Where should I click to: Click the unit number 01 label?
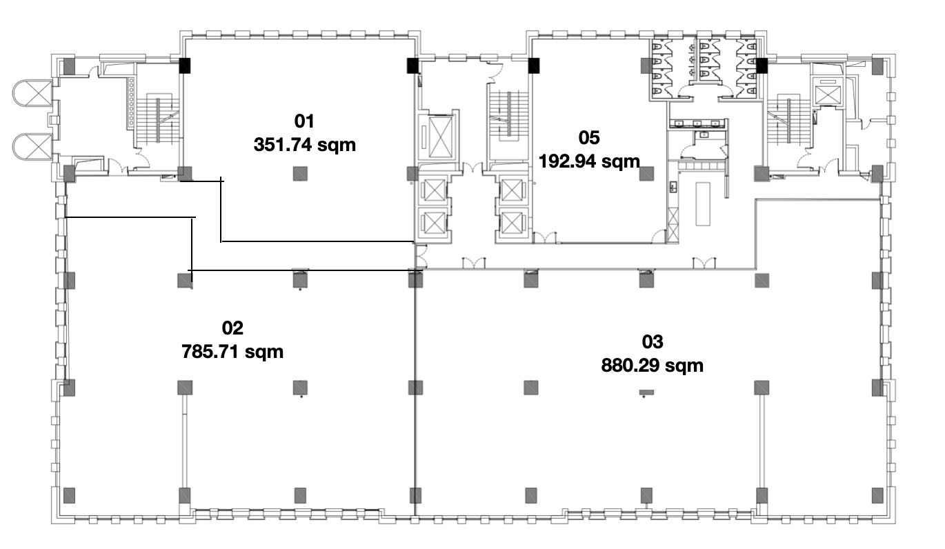[x=304, y=121]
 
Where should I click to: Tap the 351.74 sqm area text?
[x=305, y=145]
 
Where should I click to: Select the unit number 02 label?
[x=232, y=328]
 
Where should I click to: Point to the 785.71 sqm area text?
[x=232, y=352]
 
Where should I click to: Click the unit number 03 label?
[x=653, y=342]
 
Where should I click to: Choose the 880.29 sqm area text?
[x=653, y=366]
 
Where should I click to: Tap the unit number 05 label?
[x=589, y=137]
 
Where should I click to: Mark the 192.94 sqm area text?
[x=589, y=161]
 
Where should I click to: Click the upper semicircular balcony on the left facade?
[x=32, y=93]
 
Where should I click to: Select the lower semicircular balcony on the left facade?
[x=32, y=146]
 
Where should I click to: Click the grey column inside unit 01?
[x=300, y=173]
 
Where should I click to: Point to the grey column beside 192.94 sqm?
[x=646, y=173]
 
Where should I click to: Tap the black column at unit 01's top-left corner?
[x=185, y=66]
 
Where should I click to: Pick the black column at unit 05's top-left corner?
[x=534, y=66]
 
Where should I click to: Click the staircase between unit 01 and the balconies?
[x=158, y=120]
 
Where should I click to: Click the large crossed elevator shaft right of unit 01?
[x=440, y=137]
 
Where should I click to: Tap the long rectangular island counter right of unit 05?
[x=703, y=203]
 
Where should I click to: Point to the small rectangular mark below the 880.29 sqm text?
[x=646, y=392]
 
